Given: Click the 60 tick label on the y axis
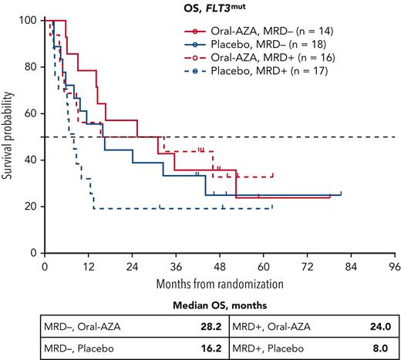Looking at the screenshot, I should [31, 113].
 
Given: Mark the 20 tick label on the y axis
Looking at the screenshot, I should [31, 206].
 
